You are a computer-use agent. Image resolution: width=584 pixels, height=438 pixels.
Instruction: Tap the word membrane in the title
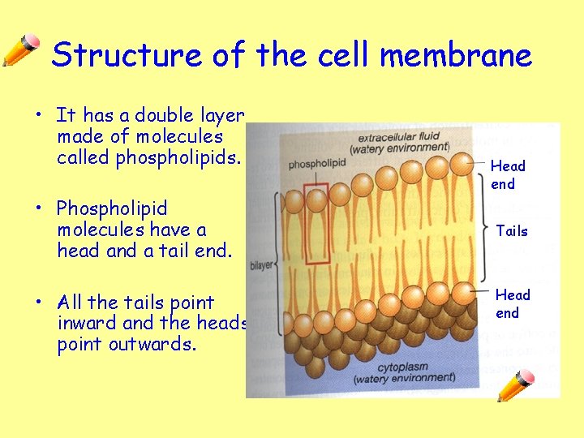pyautogui.click(x=456, y=55)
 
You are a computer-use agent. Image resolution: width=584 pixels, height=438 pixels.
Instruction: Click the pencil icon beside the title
pyautogui.click(x=21, y=50)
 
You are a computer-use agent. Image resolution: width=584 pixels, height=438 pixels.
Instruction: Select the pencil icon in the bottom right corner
pyautogui.click(x=516, y=385)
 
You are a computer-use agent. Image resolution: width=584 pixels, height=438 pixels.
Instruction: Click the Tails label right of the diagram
pyautogui.click(x=512, y=231)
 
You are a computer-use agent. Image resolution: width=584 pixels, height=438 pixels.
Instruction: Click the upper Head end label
pyautogui.click(x=508, y=174)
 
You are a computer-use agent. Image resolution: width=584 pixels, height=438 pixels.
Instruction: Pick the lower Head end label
pyautogui.click(x=513, y=303)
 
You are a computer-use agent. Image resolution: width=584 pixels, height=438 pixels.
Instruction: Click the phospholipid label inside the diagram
pyautogui.click(x=317, y=164)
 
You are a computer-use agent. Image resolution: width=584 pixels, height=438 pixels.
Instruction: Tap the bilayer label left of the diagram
pyautogui.click(x=261, y=264)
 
